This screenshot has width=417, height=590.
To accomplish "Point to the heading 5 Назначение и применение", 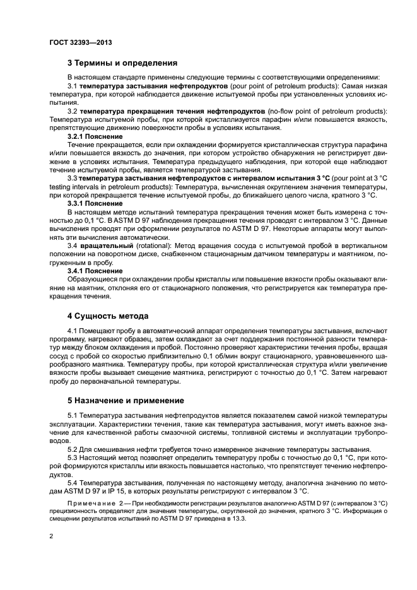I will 126,400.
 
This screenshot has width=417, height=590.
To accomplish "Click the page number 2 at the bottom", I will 52,536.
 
